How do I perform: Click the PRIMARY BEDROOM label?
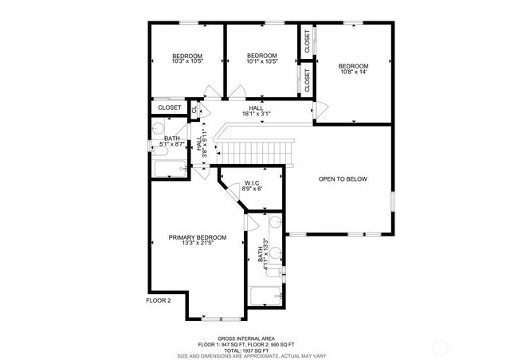[x=197, y=237]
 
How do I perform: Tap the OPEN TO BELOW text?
[x=343, y=179]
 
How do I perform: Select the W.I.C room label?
[x=253, y=183]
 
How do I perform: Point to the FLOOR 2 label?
[x=159, y=300]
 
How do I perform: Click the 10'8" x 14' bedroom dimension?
[x=353, y=72]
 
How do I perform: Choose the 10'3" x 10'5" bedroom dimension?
[x=187, y=61]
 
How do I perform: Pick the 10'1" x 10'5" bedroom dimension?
[x=261, y=61]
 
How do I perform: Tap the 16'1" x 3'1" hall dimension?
[x=256, y=114]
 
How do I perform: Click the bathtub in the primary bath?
[x=265, y=295]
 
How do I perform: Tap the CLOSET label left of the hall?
[x=169, y=108]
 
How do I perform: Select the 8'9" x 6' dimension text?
[x=253, y=190]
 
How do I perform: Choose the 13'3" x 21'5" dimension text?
[x=197, y=244]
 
